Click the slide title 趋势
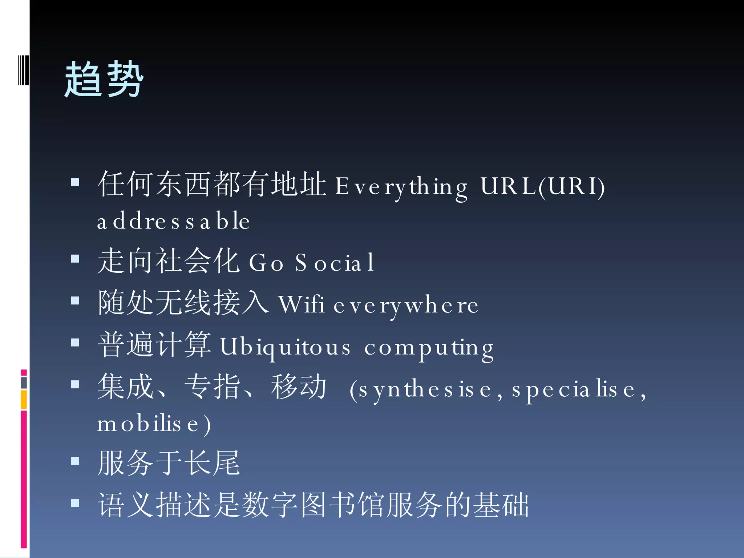tap(104, 79)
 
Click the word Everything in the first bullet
tap(401, 187)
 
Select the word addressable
tap(173, 221)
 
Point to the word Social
tap(335, 263)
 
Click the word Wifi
tap(302, 304)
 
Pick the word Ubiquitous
tap(286, 347)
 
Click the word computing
tap(429, 348)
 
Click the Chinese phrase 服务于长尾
tap(169, 463)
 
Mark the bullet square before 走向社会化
tap(75, 259)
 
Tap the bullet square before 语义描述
tap(75, 503)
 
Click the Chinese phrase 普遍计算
tap(154, 344)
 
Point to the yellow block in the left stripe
tap(24, 400)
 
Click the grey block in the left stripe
tap(24, 383)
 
